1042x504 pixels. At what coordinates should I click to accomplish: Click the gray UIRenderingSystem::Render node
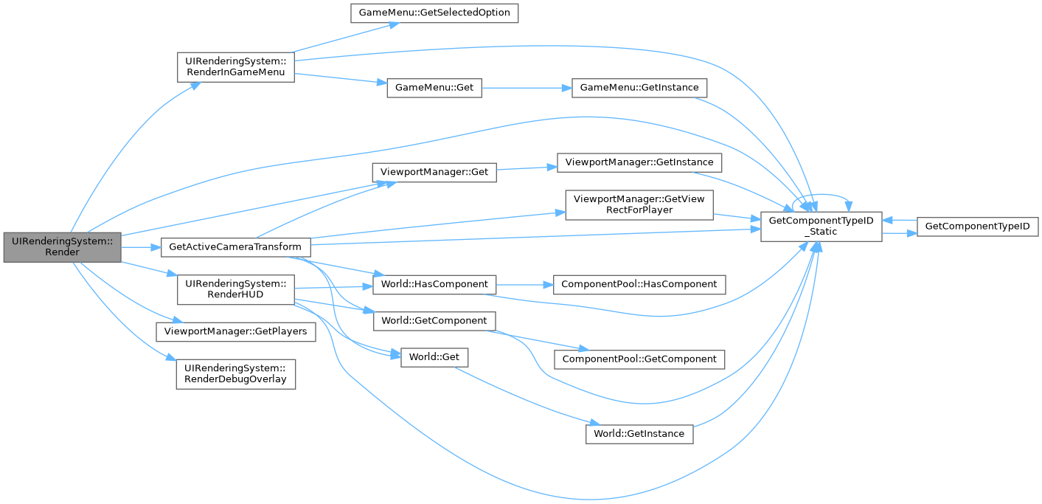tap(62, 246)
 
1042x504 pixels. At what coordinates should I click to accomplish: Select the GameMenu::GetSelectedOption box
tap(434, 13)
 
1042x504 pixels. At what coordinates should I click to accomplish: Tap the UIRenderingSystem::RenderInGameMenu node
tap(235, 66)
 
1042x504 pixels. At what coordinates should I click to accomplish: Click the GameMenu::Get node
tap(434, 87)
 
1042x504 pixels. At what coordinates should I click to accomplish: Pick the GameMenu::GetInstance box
tap(639, 87)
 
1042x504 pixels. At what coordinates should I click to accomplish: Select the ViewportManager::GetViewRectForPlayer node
tap(639, 204)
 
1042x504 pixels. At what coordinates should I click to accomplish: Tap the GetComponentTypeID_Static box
tap(821, 226)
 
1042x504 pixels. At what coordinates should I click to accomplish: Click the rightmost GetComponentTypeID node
tap(977, 227)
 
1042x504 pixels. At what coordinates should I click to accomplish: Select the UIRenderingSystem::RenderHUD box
tap(235, 290)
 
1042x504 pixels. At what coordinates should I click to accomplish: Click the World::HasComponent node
tap(435, 284)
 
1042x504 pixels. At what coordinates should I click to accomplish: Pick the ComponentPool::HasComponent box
tap(639, 284)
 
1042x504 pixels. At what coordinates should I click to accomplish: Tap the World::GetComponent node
tap(435, 321)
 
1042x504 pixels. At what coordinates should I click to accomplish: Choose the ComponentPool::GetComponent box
tap(639, 359)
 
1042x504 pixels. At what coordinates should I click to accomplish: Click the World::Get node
tap(434, 357)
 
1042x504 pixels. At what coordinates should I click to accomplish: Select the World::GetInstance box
tap(639, 433)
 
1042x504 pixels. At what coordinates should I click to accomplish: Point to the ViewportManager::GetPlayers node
tap(235, 332)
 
